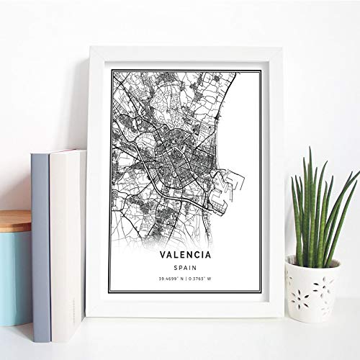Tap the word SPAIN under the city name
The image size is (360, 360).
pos(181,266)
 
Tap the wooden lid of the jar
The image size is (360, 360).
pos(15,220)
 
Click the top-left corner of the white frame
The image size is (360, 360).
pos(90,48)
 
